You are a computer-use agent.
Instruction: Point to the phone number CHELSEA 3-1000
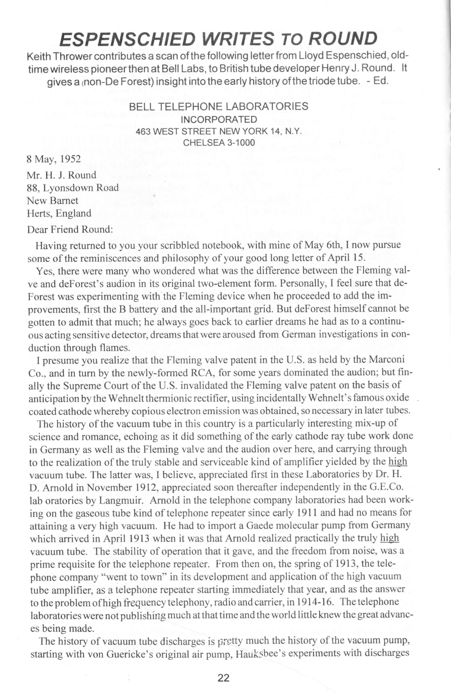pyautogui.click(x=219, y=143)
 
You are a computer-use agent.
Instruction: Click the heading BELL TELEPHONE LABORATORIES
pyautogui.click(x=219, y=106)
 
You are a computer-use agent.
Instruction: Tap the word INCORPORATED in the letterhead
pyautogui.click(x=219, y=119)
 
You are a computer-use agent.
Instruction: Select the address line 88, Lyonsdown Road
pyautogui.click(x=73, y=188)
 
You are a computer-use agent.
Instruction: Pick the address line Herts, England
pyautogui.click(x=59, y=213)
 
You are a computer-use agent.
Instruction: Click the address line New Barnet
pyautogui.click(x=53, y=201)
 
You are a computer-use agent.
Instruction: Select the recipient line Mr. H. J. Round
pyautogui.click(x=61, y=175)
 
